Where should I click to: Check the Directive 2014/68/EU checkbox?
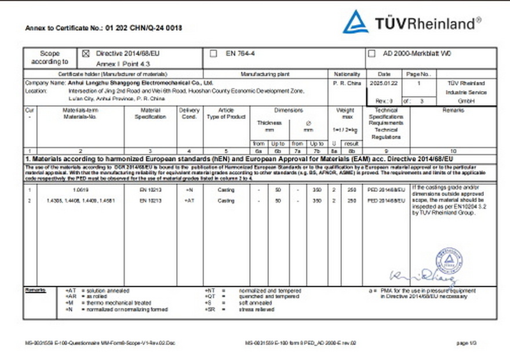pos(86,53)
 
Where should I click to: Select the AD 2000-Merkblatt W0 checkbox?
pos(371,53)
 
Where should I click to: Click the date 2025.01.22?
pos(384,83)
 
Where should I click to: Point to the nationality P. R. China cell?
pos(347,83)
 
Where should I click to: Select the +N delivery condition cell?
pos(189,190)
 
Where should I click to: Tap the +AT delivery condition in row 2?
pos(189,201)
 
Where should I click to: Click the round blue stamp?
pos(449,263)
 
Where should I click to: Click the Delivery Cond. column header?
pos(189,113)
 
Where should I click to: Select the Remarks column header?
pos(453,110)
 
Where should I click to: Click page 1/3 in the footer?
pos(466,343)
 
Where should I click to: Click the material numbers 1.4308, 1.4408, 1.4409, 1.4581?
pos(82,201)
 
